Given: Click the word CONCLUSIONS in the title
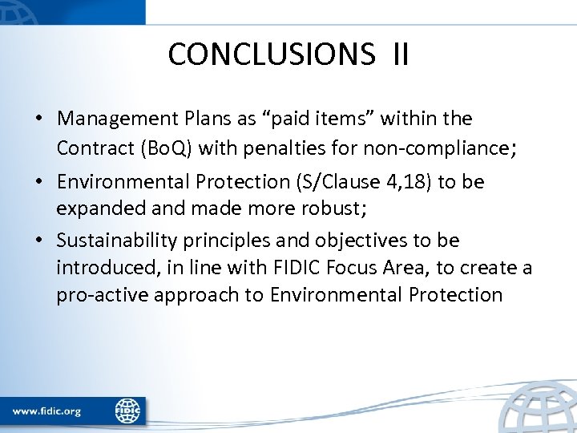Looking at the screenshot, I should [x=271, y=55].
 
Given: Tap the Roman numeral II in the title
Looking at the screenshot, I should [x=401, y=55].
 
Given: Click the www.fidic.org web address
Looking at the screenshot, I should [x=46, y=411].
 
